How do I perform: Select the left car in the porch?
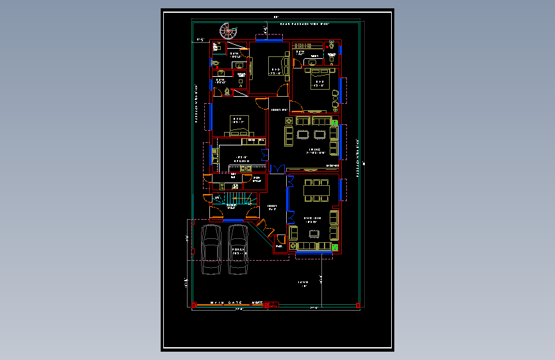pos(211,249)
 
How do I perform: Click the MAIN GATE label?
pos(227,302)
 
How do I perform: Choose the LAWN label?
pos(303,282)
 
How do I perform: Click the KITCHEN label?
pos(241,161)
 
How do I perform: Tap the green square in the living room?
pos(334,122)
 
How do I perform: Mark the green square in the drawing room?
pos(334,247)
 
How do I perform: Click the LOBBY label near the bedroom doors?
pos(277,110)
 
